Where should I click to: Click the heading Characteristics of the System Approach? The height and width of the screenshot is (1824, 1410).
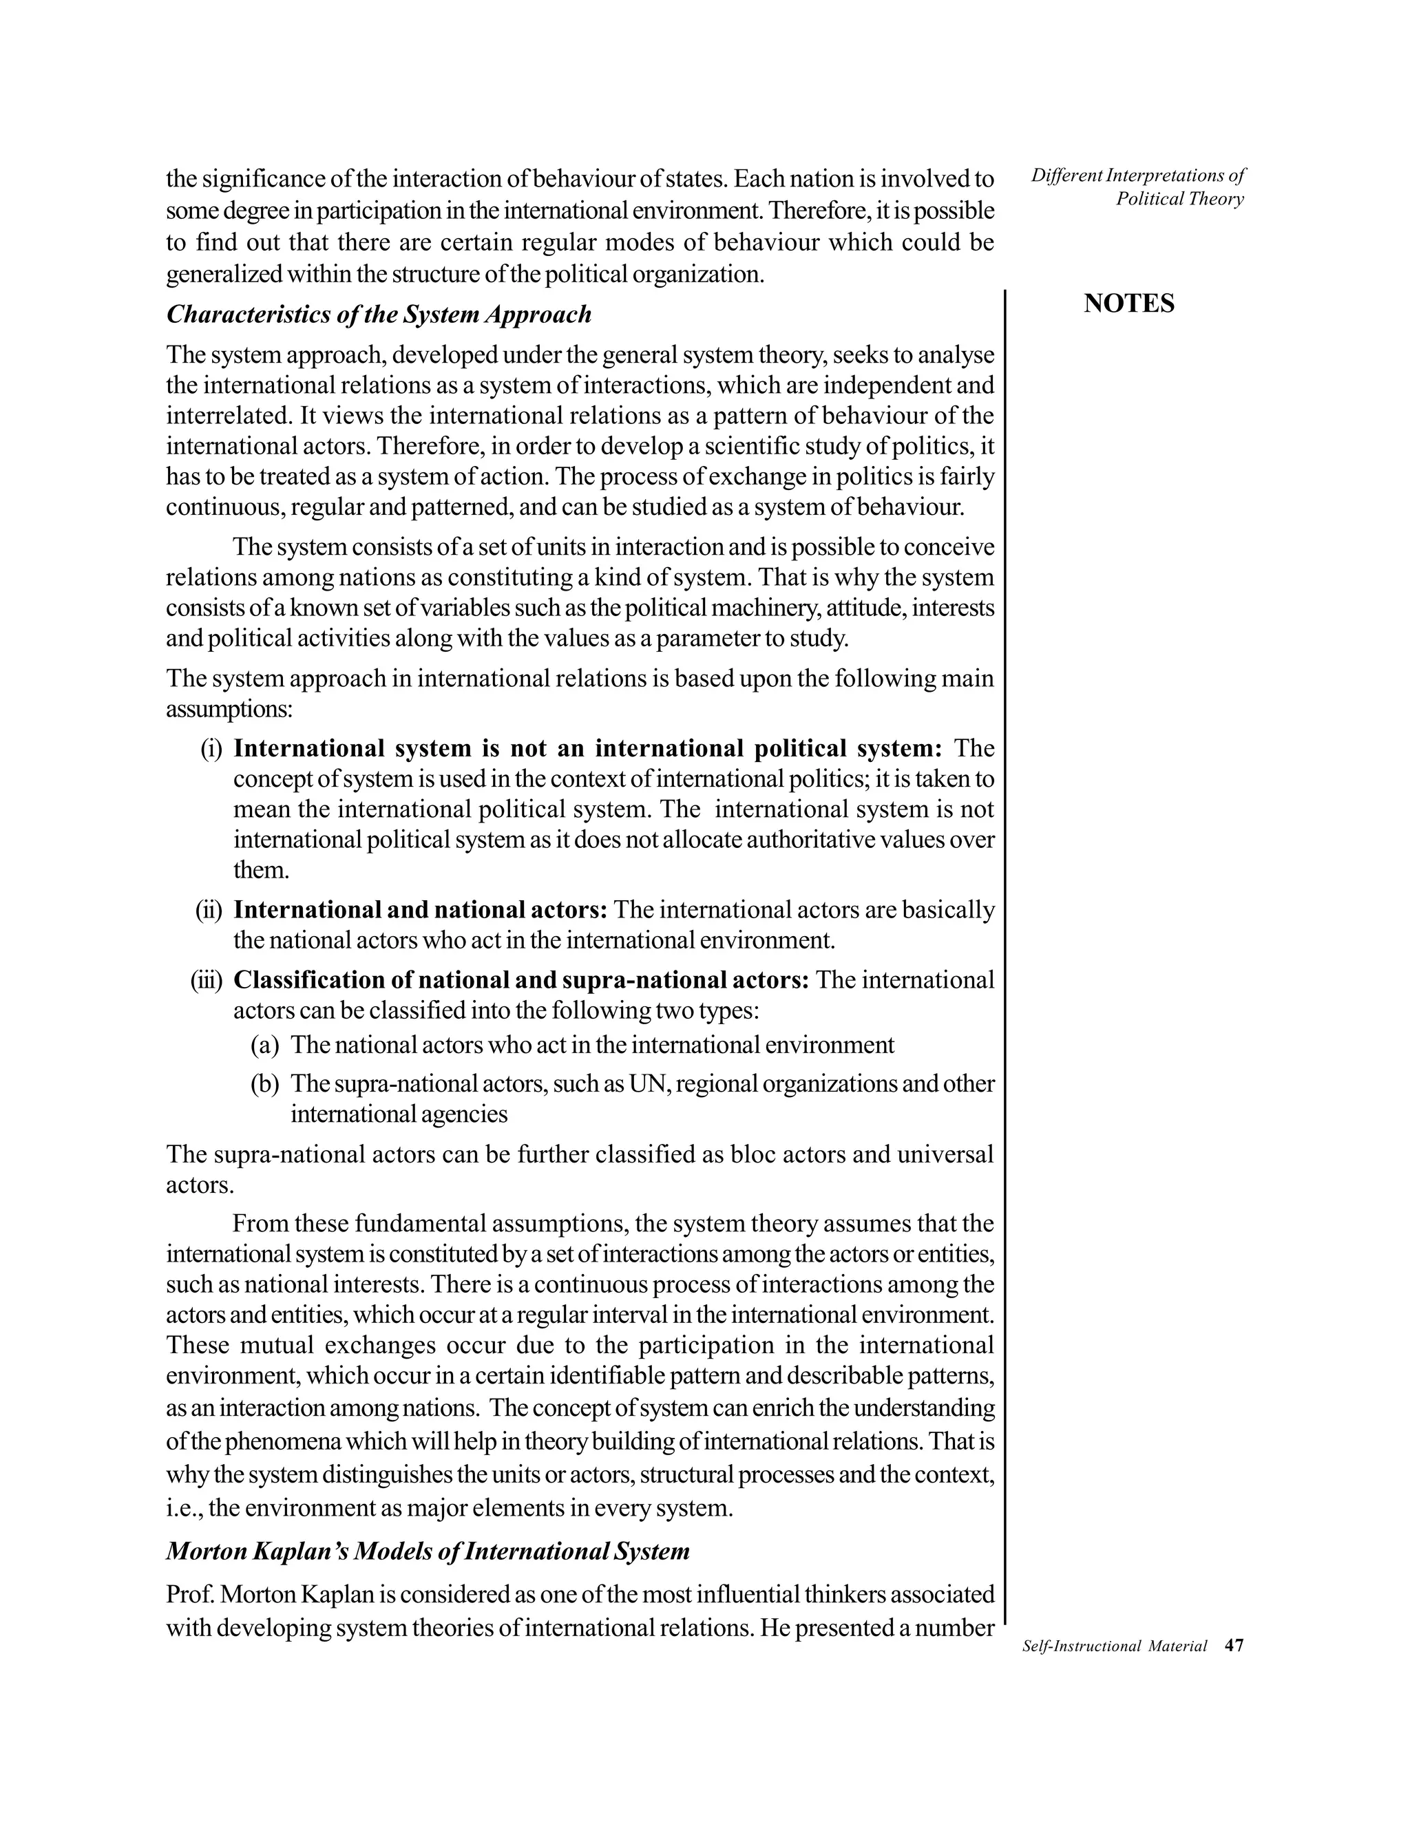(x=379, y=315)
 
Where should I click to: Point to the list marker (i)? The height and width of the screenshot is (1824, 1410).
(x=211, y=748)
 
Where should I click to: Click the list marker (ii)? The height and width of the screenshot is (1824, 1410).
(x=209, y=909)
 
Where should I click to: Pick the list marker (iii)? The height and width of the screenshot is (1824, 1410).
(x=207, y=979)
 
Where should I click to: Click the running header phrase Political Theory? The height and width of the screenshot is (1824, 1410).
(x=1179, y=199)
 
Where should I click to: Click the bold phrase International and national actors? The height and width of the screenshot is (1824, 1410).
(x=420, y=909)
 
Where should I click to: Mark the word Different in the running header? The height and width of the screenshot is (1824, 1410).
(x=1061, y=176)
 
